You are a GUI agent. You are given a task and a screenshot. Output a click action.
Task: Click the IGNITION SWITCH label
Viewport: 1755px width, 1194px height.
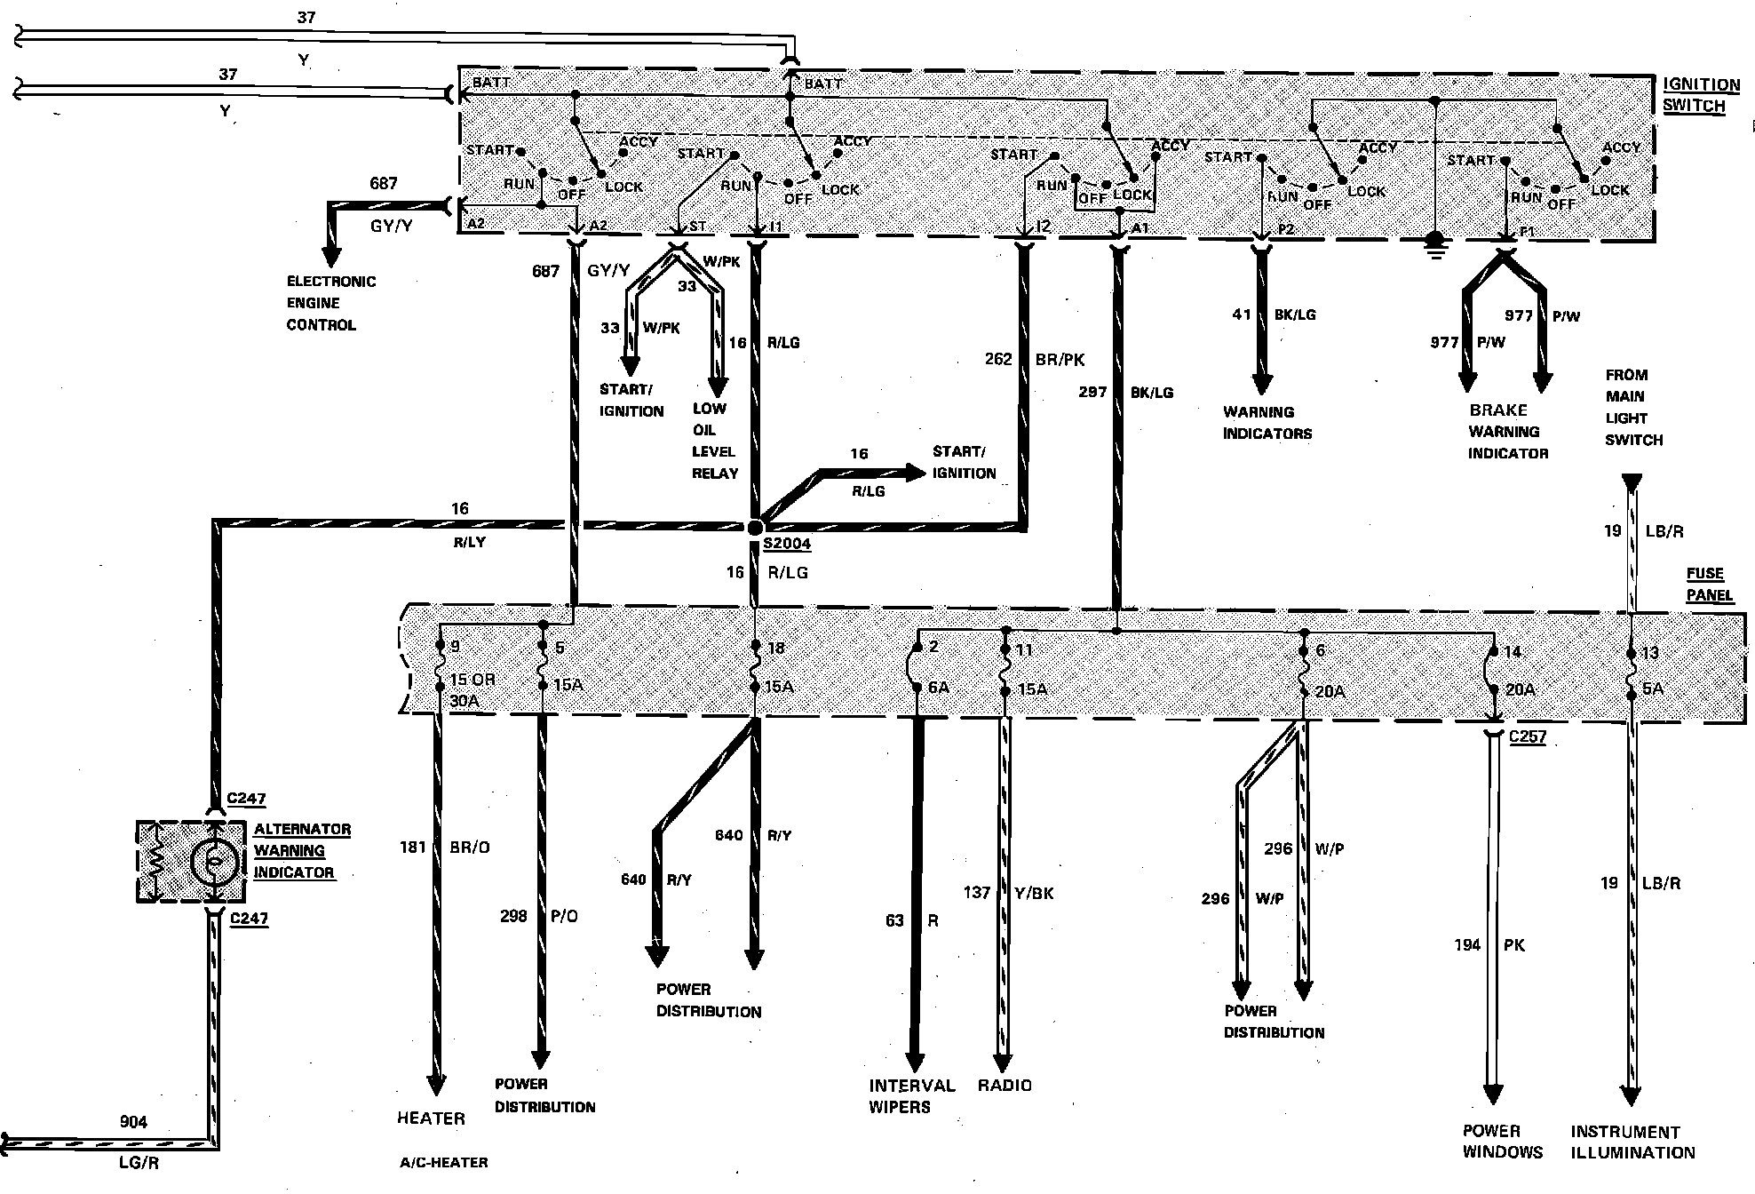tap(1701, 95)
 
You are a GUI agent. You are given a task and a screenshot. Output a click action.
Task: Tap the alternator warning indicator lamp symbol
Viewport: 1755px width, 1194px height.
tap(213, 860)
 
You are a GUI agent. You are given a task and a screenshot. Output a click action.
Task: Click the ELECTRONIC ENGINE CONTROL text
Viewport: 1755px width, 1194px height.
tap(330, 303)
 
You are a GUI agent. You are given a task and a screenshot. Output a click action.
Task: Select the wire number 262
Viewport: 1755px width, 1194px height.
tap(998, 359)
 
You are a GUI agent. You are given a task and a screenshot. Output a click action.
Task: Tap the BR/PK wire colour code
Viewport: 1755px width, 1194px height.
tap(1060, 360)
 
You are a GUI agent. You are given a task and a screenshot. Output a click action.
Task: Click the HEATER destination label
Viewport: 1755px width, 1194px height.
tap(431, 1118)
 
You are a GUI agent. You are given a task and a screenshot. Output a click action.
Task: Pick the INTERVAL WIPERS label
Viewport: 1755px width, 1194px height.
tap(900, 1095)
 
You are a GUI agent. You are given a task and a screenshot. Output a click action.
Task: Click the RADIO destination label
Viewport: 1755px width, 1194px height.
tap(1005, 1085)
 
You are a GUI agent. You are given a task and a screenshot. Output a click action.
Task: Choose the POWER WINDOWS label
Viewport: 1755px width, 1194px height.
tap(1502, 1142)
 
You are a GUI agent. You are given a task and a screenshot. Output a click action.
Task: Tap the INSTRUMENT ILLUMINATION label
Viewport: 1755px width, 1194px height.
tap(1632, 1142)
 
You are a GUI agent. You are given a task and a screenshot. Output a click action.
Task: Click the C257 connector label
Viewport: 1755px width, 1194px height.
tap(1528, 736)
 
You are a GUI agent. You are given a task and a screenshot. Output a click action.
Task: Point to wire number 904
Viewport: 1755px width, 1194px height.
tap(133, 1122)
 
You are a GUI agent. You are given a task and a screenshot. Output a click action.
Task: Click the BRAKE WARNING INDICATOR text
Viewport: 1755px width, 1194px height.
tap(1507, 432)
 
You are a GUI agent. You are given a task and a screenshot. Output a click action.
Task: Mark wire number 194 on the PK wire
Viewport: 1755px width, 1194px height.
tap(1467, 945)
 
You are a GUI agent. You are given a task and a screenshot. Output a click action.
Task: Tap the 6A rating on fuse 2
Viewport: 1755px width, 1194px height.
tap(939, 687)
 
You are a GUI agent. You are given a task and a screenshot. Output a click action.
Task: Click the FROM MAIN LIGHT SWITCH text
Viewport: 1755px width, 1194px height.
tap(1633, 407)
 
